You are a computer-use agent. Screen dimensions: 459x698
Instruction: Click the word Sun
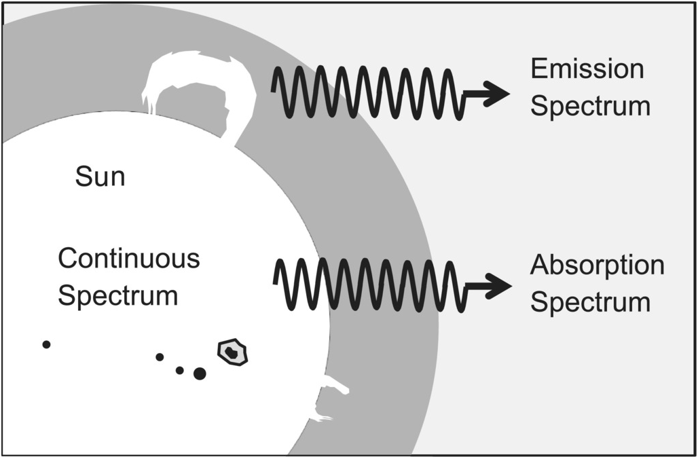[100, 177]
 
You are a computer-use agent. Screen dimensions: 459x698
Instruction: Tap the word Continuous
[129, 259]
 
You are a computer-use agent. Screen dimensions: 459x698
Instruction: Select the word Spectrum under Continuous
[118, 296]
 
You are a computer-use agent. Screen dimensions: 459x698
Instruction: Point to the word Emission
[587, 69]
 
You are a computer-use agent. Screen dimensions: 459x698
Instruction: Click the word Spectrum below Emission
[590, 107]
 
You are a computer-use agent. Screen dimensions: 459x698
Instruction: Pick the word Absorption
[597, 265]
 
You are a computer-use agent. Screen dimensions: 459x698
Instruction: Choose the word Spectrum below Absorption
[590, 302]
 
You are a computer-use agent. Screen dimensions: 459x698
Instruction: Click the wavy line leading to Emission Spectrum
[367, 93]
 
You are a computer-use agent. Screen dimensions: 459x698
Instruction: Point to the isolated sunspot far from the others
[46, 344]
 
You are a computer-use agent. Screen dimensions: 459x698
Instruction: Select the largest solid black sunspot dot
[200, 373]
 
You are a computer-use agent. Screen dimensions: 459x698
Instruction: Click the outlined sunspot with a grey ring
[232, 352]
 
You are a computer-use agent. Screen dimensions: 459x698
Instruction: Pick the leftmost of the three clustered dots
[160, 356]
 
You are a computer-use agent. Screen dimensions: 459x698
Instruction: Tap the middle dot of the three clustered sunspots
[179, 370]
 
